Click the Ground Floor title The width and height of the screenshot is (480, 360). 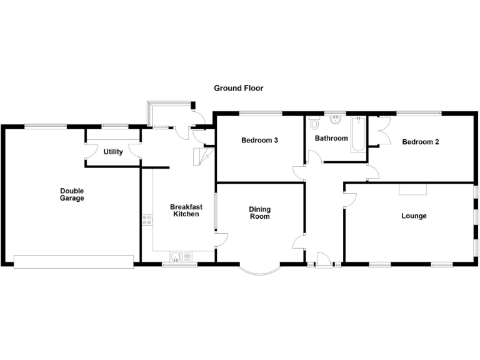tap(238, 88)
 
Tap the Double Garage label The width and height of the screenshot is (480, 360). tap(72, 194)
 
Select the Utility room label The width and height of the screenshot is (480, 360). tap(113, 152)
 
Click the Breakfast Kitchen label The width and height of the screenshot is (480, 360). tap(185, 211)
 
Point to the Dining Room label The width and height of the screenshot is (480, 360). tap(259, 213)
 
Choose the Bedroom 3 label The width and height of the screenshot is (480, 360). tap(259, 141)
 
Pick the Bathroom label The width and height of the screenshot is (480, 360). tap(331, 138)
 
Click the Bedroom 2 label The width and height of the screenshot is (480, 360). tap(420, 142)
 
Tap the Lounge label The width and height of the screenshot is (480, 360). tap(414, 216)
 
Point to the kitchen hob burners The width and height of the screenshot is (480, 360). tap(147, 219)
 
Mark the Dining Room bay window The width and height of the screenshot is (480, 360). tap(259, 270)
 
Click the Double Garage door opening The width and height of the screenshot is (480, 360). tap(74, 261)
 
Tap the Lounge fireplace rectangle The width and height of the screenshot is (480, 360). tap(413, 189)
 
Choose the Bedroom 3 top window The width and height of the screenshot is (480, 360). tap(260, 112)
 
